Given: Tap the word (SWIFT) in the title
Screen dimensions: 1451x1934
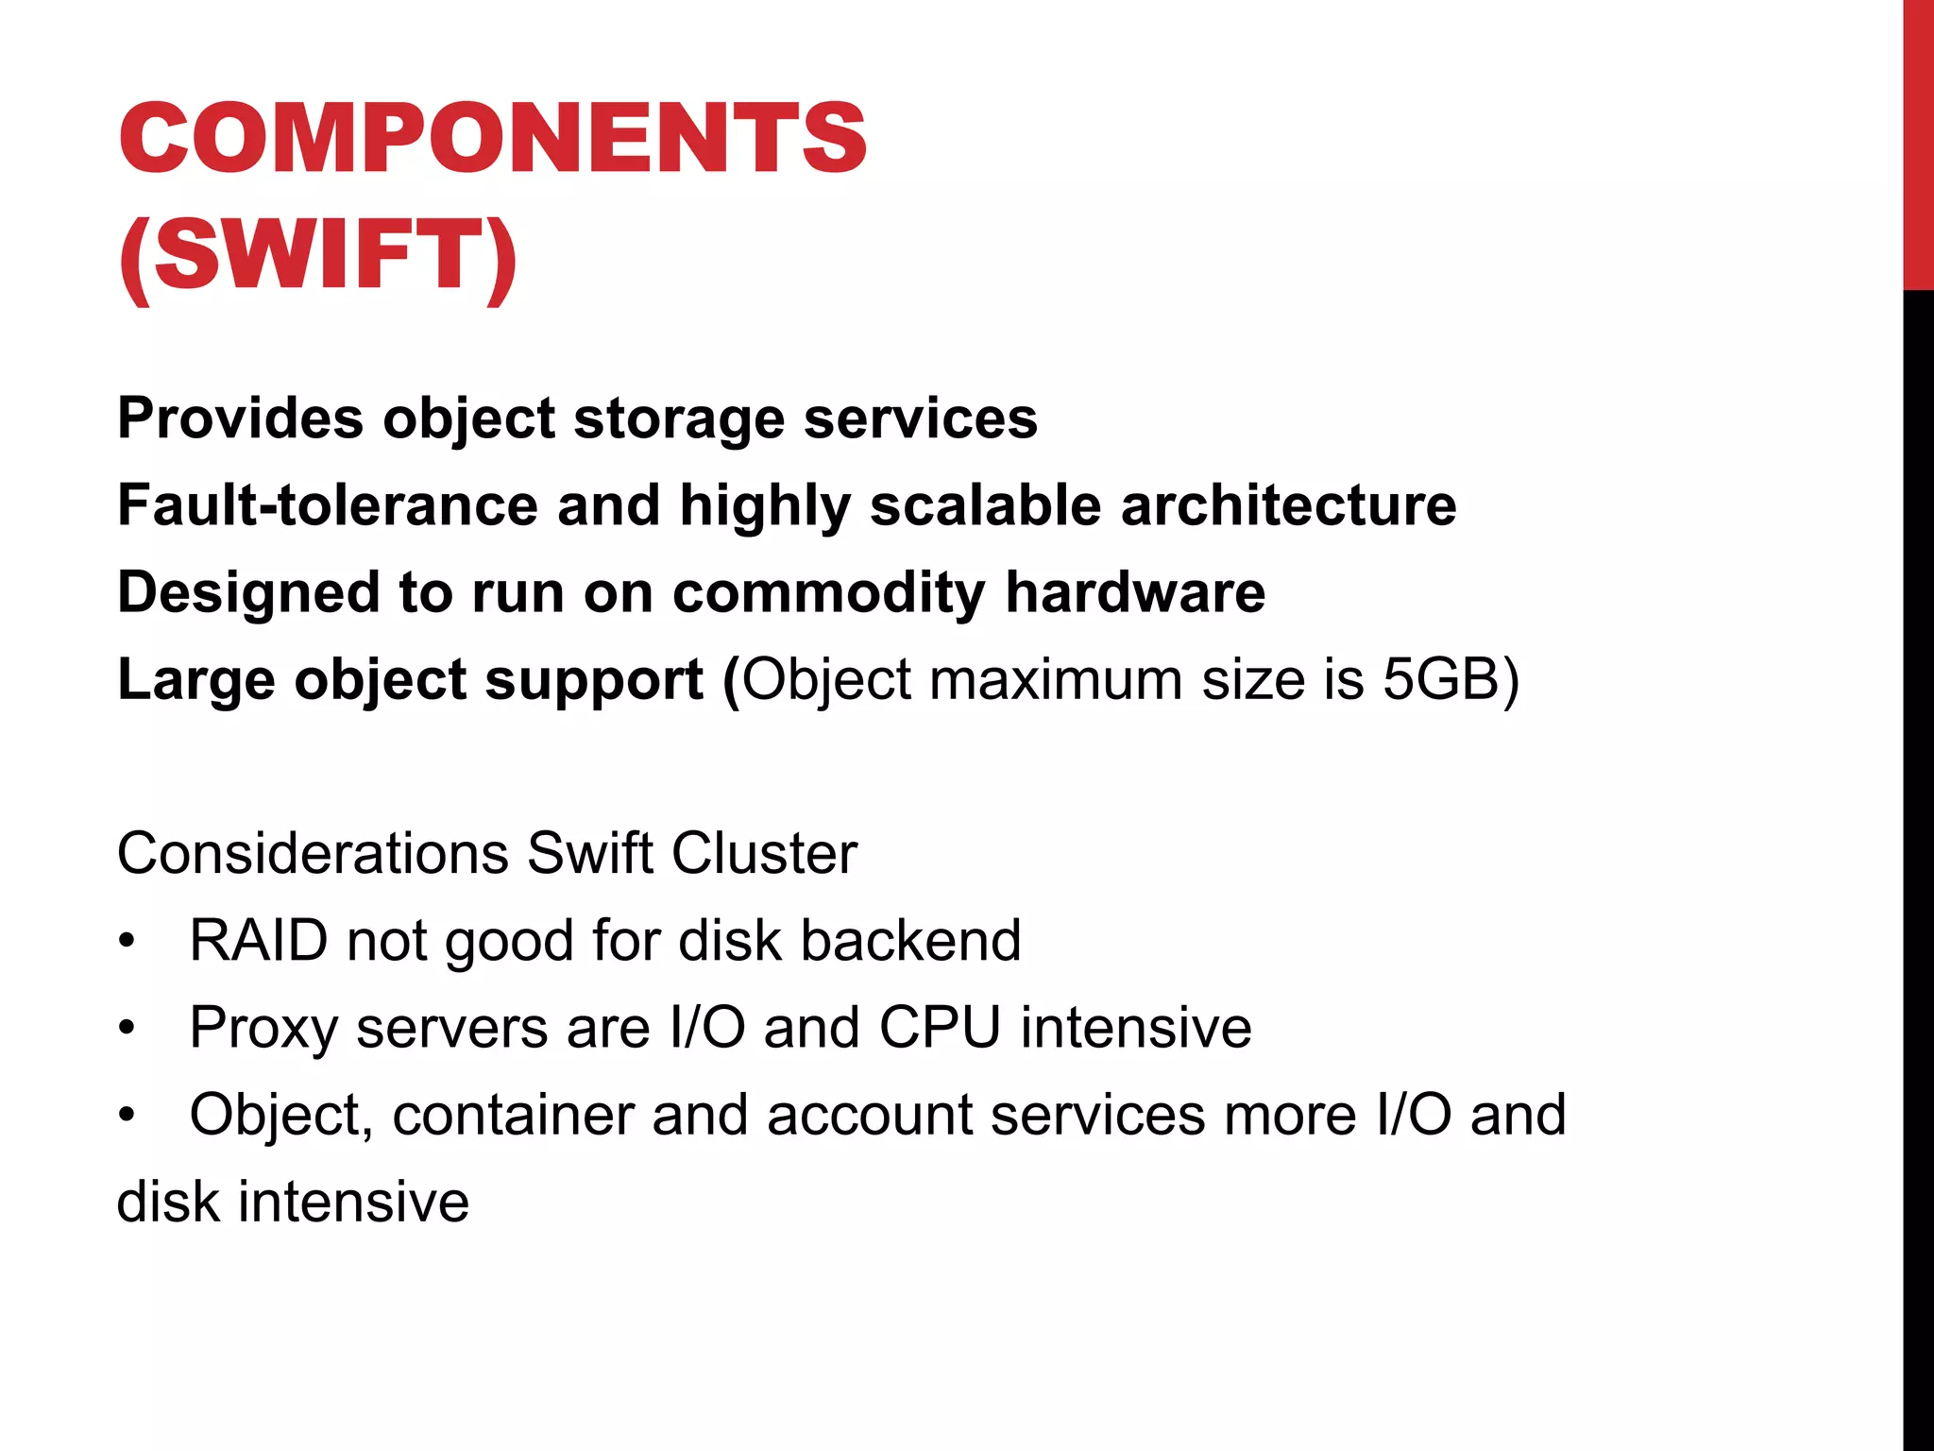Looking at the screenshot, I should coord(318,255).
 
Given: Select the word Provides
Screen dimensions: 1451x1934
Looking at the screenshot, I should coord(240,418).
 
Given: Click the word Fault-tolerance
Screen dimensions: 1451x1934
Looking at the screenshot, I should coord(327,504).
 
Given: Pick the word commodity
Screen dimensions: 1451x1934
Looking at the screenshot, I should coord(828,592).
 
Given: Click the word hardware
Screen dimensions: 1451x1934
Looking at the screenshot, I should coord(1135,592).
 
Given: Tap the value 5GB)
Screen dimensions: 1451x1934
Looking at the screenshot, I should coord(1450,679).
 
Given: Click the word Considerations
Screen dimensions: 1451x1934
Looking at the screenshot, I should coord(313,853).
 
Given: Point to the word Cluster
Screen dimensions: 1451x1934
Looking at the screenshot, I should coord(764,853).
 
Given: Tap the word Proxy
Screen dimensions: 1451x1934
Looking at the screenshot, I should coord(263,1028).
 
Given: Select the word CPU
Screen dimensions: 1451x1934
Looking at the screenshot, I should coord(940,1028).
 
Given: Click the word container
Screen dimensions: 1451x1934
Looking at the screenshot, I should coord(513,1115).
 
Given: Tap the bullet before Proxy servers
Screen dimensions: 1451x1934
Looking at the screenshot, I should coord(127,1030).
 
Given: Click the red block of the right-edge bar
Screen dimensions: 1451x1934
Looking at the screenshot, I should coord(1918,144).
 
